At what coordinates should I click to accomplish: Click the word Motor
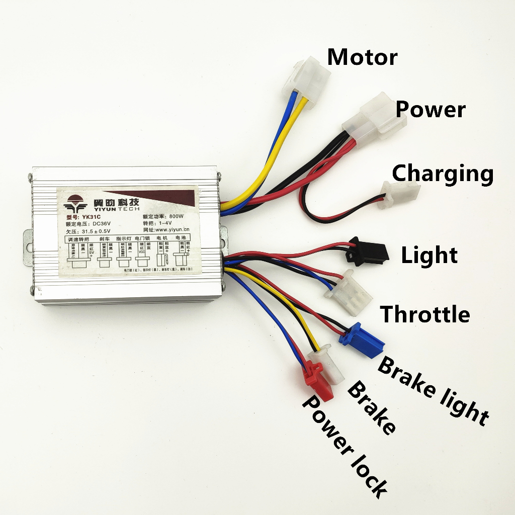coord(362,57)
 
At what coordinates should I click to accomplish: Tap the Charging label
coord(443,174)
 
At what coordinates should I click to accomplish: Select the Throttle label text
coord(425,314)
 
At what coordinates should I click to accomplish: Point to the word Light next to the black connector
coord(429,255)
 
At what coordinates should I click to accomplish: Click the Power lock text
coord(344,446)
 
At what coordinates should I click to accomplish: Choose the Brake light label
coord(433,390)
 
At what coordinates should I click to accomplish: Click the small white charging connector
coord(400,195)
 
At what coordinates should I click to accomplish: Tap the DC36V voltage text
coord(106,224)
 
